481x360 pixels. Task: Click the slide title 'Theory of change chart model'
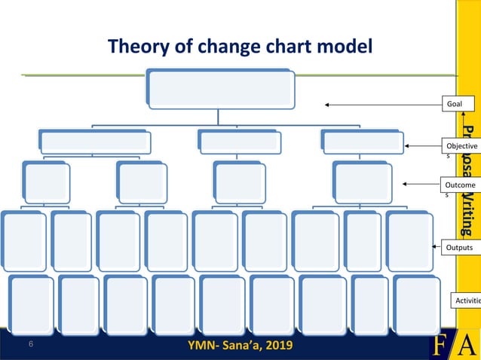(x=240, y=47)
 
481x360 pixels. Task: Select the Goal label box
(x=458, y=105)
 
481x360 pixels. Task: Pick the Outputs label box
(x=458, y=247)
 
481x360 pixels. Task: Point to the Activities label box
(x=465, y=301)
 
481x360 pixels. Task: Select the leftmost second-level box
(x=95, y=142)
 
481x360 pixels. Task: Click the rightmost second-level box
(x=361, y=141)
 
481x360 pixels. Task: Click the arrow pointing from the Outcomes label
(x=422, y=183)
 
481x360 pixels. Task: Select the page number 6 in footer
(x=31, y=344)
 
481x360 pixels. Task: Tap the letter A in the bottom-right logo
(x=468, y=345)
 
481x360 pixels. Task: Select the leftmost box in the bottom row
(x=32, y=304)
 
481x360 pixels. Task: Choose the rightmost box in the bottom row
(x=415, y=304)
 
